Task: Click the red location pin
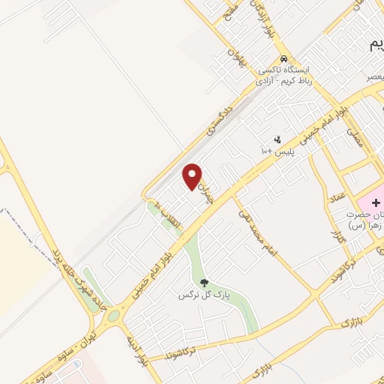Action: tap(193, 176)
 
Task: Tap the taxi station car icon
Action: tap(283, 58)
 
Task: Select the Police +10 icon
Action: tap(278, 139)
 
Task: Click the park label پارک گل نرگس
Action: tap(202, 295)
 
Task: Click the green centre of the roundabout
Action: tap(113, 315)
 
